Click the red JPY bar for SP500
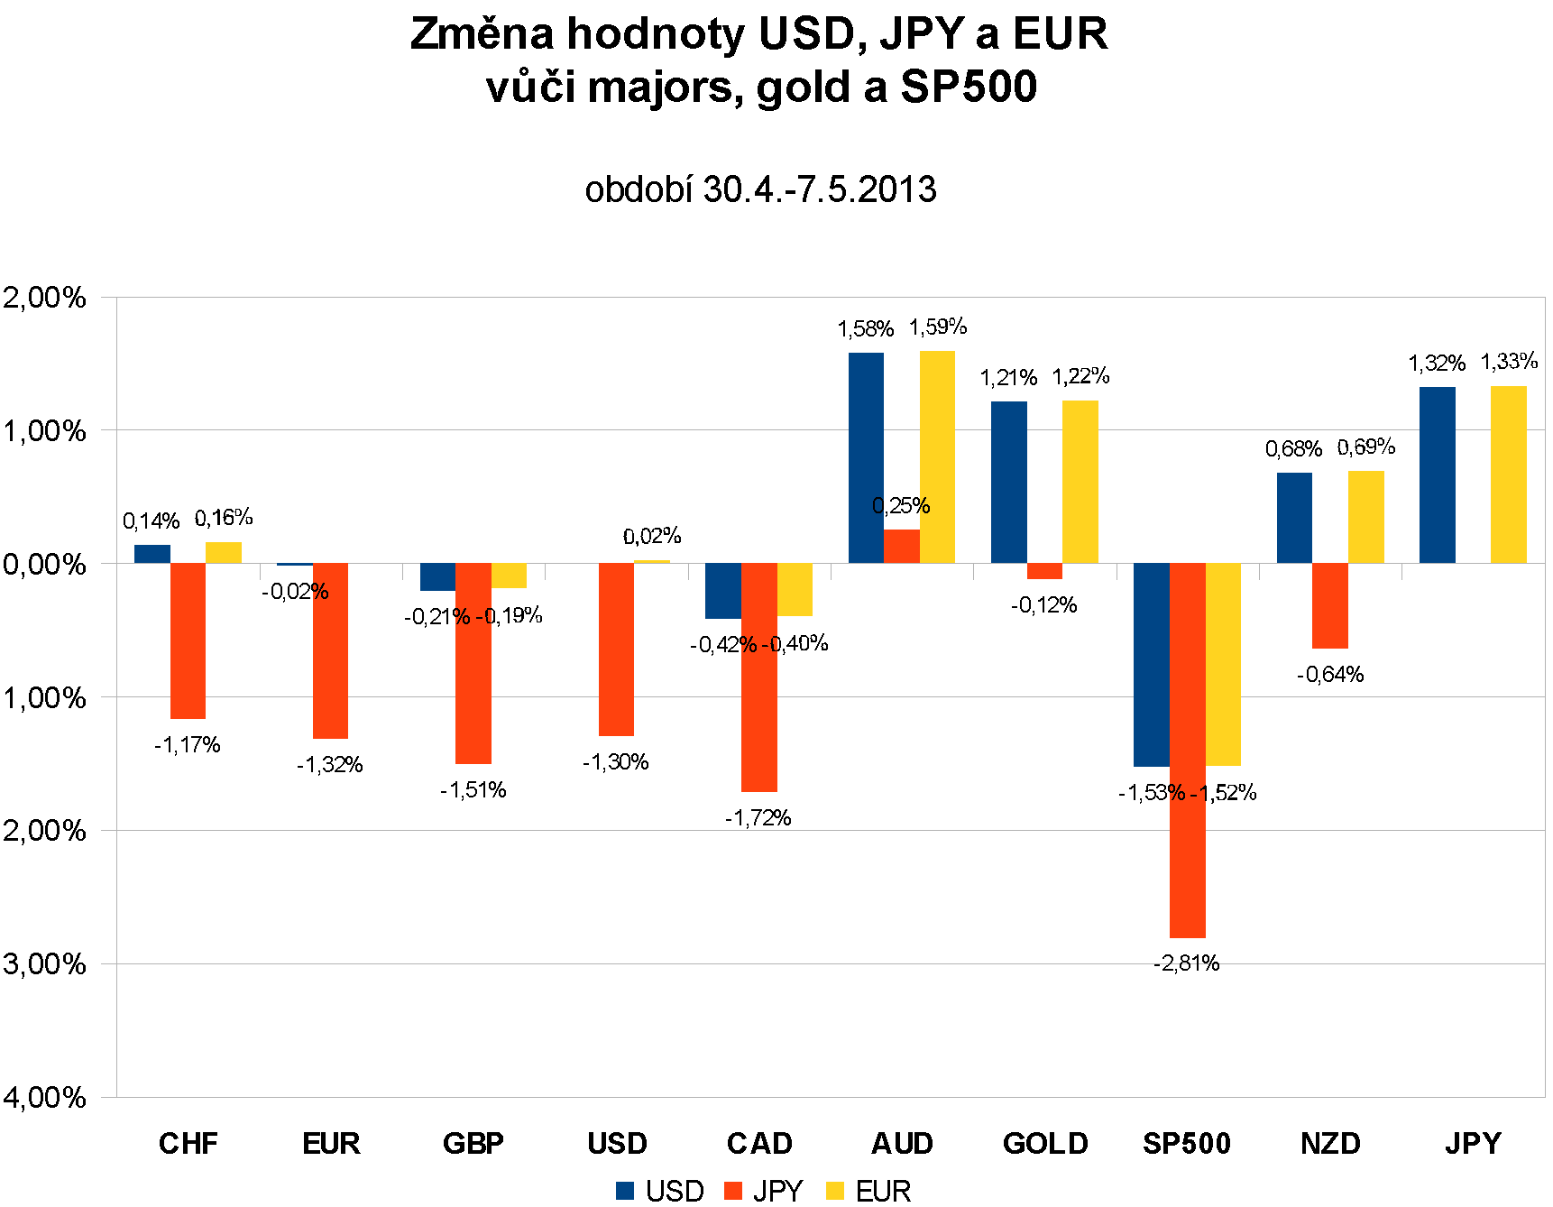[1187, 751]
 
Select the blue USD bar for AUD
[866, 457]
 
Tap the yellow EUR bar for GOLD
[1080, 482]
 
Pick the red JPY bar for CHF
[188, 640]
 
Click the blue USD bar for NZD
[1294, 518]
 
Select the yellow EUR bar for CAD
[795, 590]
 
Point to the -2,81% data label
[1187, 963]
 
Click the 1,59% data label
[938, 327]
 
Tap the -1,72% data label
[758, 818]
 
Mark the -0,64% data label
[1330, 675]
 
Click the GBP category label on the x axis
[473, 1144]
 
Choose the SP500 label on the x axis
[1187, 1144]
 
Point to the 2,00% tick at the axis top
[45, 298]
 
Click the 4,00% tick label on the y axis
[45, 1097]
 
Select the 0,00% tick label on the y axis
[45, 565]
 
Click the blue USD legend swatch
[625, 1191]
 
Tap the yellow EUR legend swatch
[835, 1191]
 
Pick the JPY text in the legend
[777, 1191]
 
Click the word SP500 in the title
[969, 87]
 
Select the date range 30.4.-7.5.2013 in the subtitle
[819, 189]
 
